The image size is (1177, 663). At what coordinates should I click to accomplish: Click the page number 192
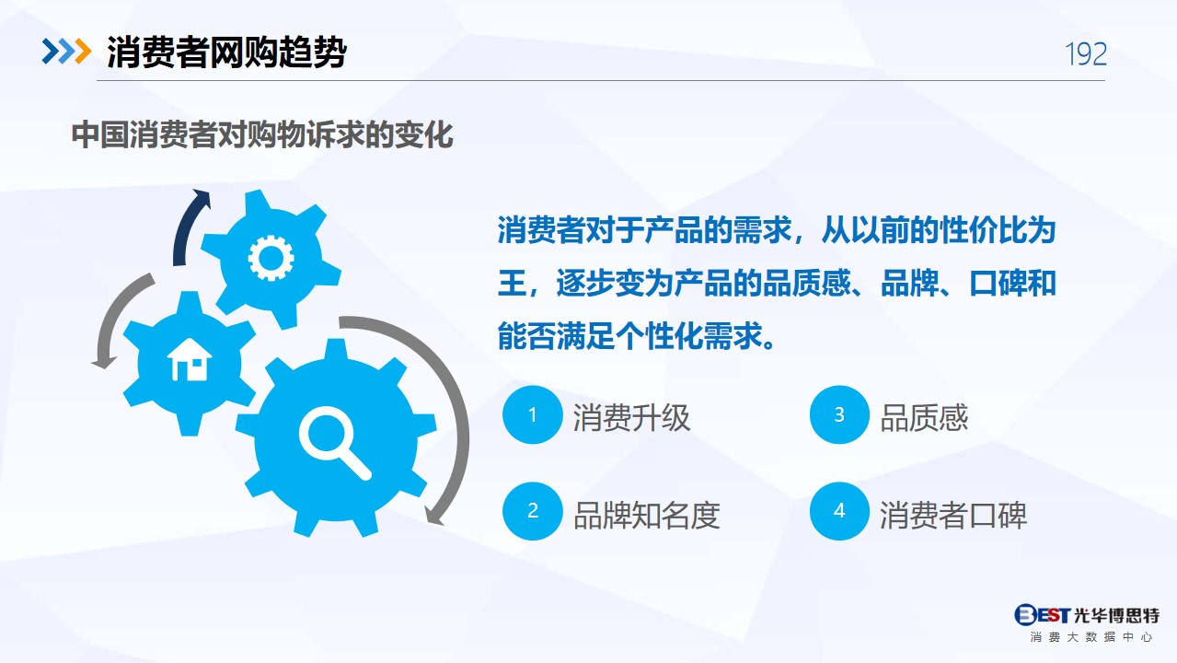(1086, 53)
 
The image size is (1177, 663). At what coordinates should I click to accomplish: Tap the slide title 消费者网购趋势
(226, 52)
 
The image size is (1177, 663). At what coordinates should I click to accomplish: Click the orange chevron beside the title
(83, 52)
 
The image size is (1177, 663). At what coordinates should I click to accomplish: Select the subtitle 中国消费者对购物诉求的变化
(262, 134)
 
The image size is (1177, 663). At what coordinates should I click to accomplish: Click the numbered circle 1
(532, 414)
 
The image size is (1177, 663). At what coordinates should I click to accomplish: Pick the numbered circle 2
(532, 511)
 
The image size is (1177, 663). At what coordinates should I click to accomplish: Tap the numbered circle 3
(839, 414)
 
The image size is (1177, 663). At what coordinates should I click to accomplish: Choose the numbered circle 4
(839, 511)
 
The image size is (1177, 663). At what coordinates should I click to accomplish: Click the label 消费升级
(631, 418)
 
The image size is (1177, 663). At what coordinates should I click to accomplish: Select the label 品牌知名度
(646, 516)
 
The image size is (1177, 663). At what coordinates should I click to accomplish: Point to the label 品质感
(924, 418)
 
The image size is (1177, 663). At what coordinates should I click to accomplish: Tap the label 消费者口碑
(953, 516)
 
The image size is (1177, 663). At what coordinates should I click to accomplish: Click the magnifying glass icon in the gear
(335, 443)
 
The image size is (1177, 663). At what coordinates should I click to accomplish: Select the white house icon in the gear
(190, 360)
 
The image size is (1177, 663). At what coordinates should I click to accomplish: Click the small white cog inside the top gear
(271, 258)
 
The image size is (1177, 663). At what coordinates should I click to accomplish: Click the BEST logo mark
(1042, 615)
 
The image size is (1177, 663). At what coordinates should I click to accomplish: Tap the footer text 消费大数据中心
(1090, 637)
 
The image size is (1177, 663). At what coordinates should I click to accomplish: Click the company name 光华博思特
(1116, 615)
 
